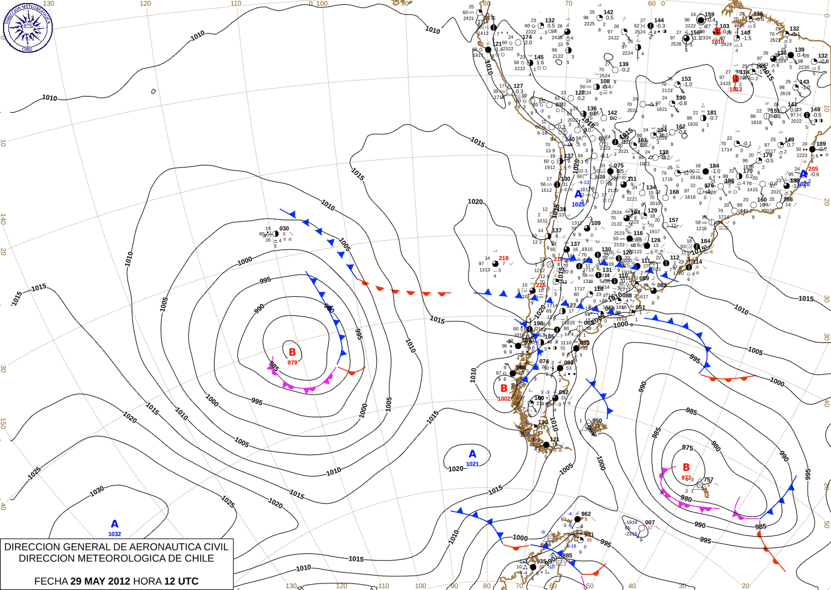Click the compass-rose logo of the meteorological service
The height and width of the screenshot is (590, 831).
coord(28,27)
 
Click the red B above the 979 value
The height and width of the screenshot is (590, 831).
coord(292,353)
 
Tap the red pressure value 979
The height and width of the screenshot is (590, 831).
coord(292,363)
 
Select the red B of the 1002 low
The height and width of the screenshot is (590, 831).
coord(504,389)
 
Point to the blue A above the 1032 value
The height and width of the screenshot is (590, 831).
coord(114,524)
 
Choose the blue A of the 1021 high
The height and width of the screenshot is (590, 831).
coord(472,454)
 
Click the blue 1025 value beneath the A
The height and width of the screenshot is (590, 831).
coord(578,204)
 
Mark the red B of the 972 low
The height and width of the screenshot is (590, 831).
coord(686,467)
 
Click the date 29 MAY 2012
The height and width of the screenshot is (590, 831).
coord(100,581)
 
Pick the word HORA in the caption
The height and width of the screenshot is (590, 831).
coord(147,581)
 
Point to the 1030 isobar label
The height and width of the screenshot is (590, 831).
coord(97,491)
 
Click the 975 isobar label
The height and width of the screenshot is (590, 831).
coord(688,448)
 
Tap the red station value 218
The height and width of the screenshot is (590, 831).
coord(503,258)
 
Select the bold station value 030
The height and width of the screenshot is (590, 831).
coord(284,228)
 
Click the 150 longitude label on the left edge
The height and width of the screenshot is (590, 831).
coord(4,423)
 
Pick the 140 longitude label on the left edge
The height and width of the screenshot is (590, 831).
coord(4,219)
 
